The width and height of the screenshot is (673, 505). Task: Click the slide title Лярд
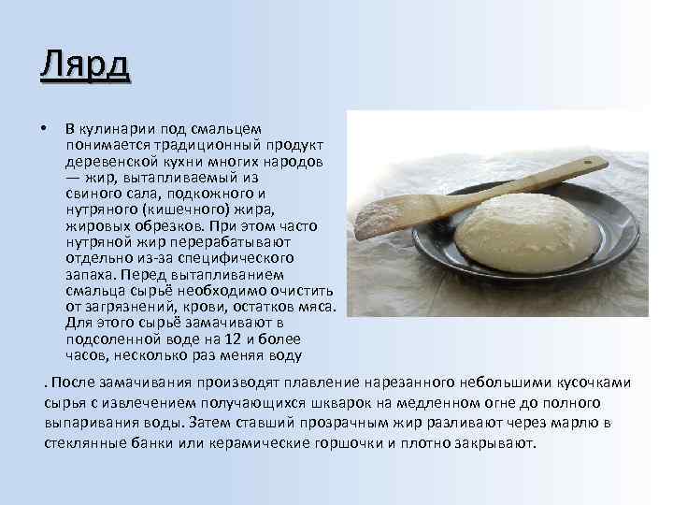tap(85, 66)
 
